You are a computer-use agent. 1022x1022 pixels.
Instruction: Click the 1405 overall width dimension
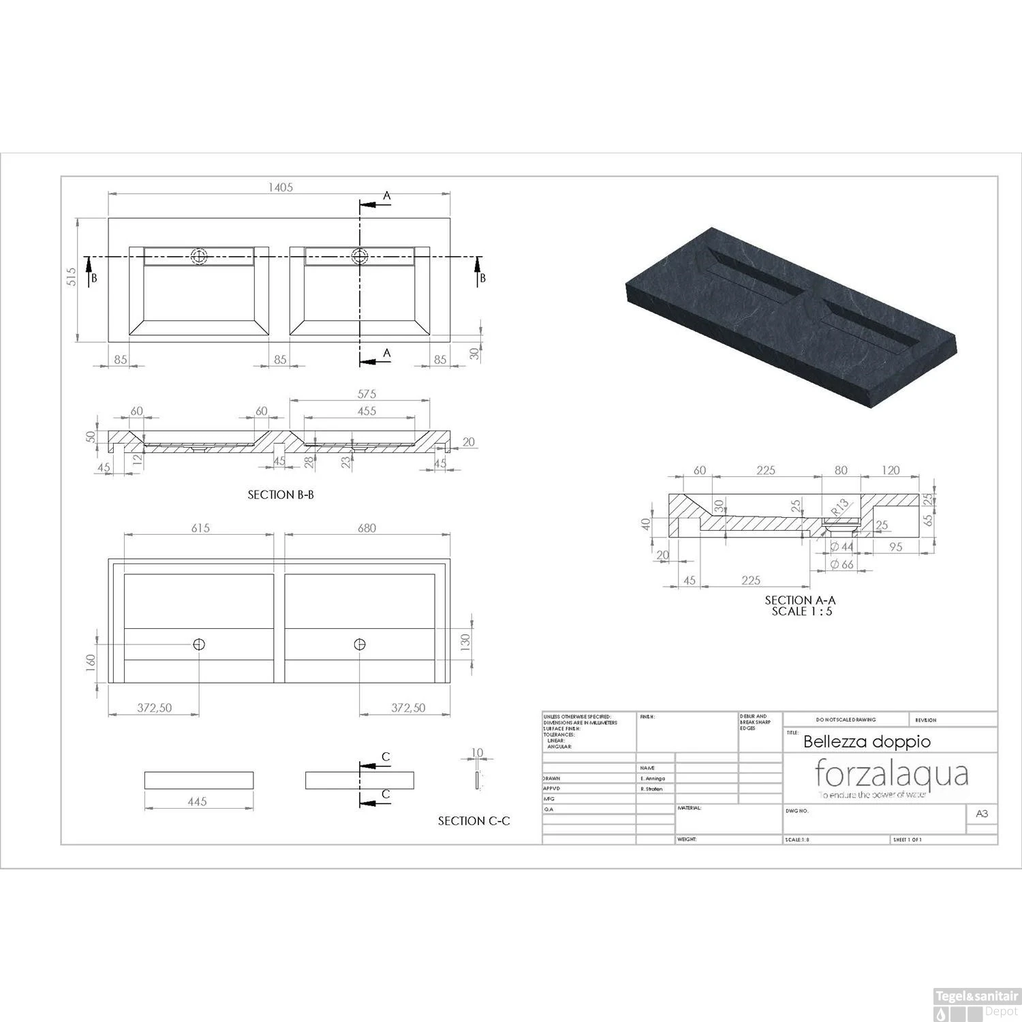click(280, 187)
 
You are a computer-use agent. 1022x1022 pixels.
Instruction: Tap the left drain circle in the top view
click(199, 257)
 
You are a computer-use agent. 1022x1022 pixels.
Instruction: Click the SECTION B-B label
click(281, 495)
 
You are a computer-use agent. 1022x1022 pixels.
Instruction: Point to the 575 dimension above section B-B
click(367, 394)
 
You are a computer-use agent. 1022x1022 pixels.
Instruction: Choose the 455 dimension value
click(367, 411)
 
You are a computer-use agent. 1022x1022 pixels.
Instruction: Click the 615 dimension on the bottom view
click(200, 528)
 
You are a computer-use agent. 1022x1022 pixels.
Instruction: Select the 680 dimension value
click(367, 528)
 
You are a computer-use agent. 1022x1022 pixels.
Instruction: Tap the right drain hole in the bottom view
click(360, 644)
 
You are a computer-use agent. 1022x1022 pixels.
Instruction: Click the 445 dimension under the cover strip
click(197, 802)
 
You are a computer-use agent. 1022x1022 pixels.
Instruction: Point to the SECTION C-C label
click(474, 821)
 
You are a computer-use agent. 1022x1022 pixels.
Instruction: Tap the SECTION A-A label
click(800, 600)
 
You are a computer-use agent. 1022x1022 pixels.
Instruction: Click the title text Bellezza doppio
click(867, 741)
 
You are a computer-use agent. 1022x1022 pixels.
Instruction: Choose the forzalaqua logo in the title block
click(892, 775)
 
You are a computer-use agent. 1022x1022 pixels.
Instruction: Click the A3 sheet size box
click(982, 814)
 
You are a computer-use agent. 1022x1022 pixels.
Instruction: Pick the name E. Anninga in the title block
click(653, 778)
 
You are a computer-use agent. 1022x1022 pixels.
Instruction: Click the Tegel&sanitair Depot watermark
click(976, 1010)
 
